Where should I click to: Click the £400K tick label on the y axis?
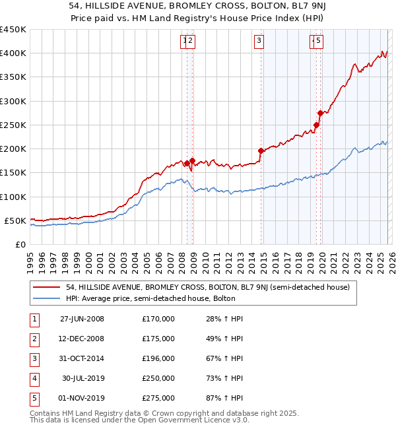(13, 53)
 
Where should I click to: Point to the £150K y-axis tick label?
(13, 172)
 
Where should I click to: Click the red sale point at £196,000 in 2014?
(261, 150)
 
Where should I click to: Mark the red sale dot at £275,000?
(320, 113)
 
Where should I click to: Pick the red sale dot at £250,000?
(317, 125)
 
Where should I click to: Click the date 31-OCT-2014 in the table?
(82, 358)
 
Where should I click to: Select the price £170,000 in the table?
(158, 319)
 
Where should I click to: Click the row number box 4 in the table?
(32, 378)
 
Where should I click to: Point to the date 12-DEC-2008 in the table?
(82, 339)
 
